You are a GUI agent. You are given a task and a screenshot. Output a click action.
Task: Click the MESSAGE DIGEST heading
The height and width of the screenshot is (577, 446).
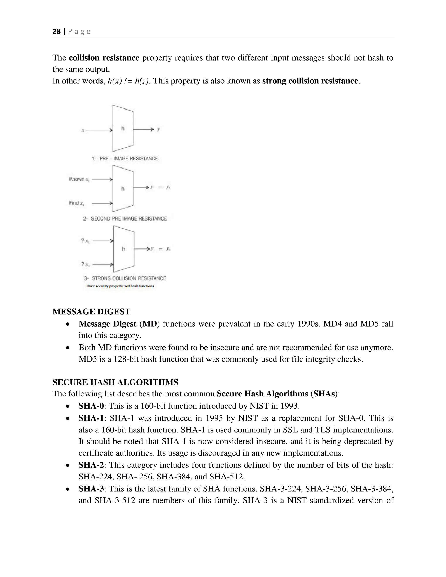click(91, 312)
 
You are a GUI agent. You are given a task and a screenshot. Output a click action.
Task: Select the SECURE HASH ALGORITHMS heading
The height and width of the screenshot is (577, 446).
click(115, 382)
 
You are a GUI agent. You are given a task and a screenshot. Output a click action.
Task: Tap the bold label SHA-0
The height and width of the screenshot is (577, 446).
click(91, 406)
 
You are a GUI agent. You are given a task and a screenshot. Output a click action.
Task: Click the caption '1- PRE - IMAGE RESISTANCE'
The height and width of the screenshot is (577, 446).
click(125, 159)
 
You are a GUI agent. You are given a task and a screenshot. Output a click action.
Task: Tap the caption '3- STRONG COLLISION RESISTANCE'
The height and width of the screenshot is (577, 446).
click(125, 278)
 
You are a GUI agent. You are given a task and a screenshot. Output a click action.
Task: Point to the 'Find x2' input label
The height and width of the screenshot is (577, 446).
click(77, 203)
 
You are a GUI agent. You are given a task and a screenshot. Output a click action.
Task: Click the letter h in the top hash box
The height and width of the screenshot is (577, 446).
click(123, 128)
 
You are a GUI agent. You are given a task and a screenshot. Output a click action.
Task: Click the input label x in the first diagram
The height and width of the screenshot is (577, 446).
click(83, 130)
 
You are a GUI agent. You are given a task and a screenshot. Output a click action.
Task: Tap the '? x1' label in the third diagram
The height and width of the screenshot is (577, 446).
click(85, 241)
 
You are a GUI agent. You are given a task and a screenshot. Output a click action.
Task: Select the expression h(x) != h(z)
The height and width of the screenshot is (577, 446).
click(129, 81)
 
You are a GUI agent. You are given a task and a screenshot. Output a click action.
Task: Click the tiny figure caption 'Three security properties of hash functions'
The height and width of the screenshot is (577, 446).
click(120, 286)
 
